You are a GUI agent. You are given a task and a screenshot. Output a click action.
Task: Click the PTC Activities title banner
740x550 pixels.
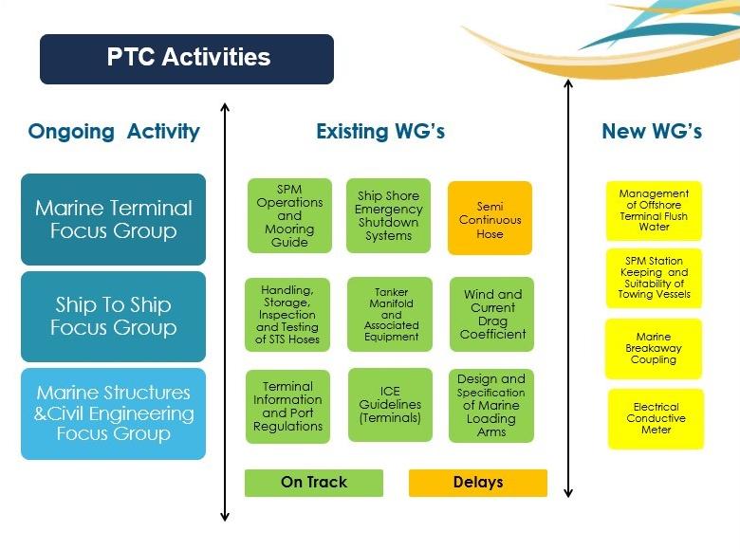(187, 59)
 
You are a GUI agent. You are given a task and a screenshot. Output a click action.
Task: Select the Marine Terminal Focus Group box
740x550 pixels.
(113, 219)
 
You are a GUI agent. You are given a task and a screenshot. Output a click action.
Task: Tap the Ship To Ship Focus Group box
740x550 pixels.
(113, 317)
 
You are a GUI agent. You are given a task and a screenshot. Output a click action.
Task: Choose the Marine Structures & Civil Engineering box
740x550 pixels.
(113, 413)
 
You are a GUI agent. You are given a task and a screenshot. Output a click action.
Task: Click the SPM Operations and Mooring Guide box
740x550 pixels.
(289, 215)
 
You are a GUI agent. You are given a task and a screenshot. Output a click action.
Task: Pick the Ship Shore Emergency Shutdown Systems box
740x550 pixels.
(388, 215)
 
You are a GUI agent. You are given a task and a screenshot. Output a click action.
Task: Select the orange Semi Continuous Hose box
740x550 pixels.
(490, 218)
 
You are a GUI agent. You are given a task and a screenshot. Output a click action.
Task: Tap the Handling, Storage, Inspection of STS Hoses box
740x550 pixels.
(287, 315)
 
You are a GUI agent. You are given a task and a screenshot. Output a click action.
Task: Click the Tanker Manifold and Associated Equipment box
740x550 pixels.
(390, 314)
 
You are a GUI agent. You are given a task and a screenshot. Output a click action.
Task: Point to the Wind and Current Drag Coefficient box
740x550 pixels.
(491, 314)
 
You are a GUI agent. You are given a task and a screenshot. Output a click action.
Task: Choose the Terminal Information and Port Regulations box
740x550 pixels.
(287, 407)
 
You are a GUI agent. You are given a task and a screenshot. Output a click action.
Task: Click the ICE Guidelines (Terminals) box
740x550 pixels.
(390, 405)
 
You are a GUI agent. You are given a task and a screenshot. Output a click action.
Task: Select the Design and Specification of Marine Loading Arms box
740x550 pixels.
(491, 406)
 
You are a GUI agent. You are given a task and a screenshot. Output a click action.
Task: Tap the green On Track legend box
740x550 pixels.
(314, 483)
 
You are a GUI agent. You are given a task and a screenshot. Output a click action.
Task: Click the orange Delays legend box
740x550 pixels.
(478, 483)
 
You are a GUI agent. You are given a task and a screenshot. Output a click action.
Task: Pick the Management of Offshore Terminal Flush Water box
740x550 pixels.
(654, 211)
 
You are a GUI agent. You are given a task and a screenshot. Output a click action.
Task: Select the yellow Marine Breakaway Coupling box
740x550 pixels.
(654, 349)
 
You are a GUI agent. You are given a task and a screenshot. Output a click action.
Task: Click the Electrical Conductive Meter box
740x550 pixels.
(656, 418)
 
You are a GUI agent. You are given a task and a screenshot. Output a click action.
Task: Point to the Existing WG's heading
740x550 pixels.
(380, 131)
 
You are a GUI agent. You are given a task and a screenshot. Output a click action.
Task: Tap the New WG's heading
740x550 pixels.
(652, 131)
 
